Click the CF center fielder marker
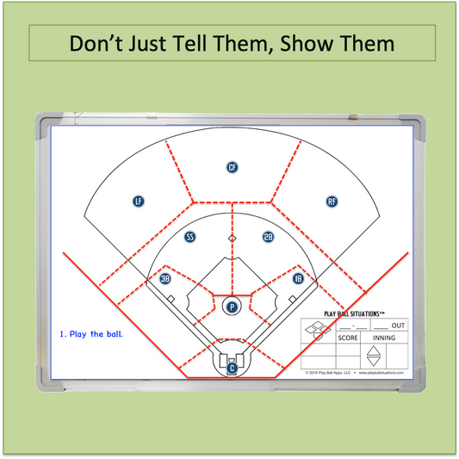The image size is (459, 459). [232, 167]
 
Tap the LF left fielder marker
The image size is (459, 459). [138, 201]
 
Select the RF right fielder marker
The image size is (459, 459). [332, 202]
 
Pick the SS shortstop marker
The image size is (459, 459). [190, 236]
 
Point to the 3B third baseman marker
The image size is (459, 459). [165, 278]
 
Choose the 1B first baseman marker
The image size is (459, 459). [298, 278]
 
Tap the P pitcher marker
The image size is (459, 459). [231, 306]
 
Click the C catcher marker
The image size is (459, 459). [232, 368]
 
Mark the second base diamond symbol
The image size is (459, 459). [231, 237]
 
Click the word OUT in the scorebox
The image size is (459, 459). [398, 326]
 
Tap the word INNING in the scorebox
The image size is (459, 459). [383, 338]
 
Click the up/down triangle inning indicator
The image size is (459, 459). [373, 356]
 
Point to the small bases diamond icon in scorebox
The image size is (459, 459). [318, 328]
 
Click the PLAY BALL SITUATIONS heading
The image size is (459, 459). [352, 315]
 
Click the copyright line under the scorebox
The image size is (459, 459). [353, 373]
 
